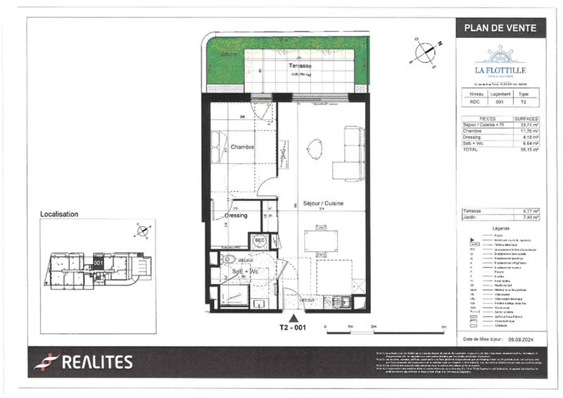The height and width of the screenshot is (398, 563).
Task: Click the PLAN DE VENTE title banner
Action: [x=500, y=28]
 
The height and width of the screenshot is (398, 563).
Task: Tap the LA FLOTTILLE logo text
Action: [x=500, y=70]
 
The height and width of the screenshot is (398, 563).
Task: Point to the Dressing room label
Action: [x=236, y=216]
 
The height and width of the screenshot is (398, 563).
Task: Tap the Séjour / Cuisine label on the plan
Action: [x=322, y=203]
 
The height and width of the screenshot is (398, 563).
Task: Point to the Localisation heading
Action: [x=59, y=213]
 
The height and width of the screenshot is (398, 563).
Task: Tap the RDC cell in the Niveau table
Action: [x=476, y=101]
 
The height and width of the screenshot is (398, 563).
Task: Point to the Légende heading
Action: [x=500, y=228]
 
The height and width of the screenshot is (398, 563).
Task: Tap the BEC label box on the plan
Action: [x=259, y=240]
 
